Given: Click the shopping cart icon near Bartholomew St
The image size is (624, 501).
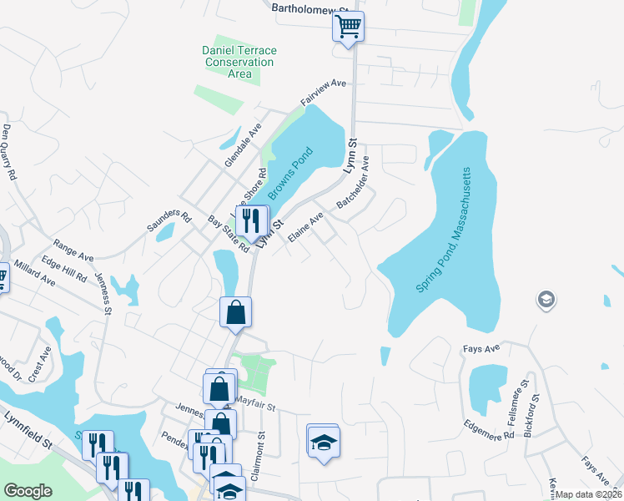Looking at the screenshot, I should click(x=348, y=26).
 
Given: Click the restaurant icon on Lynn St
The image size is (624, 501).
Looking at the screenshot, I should click(x=250, y=221).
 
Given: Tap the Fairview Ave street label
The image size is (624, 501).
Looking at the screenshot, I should click(x=324, y=94).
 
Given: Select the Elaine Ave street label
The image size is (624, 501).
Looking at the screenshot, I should click(x=305, y=228).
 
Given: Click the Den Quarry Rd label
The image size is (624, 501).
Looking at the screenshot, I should click(x=8, y=153).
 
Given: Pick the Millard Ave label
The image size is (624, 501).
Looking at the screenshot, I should click(x=34, y=279).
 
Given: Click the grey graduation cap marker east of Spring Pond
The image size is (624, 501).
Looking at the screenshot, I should click(x=546, y=300).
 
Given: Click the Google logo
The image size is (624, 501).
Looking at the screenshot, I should click(x=28, y=491).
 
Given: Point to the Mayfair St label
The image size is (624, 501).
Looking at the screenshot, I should click(x=254, y=402).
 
